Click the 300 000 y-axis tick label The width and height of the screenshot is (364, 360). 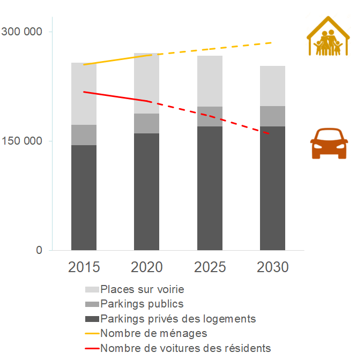click(x=22, y=32)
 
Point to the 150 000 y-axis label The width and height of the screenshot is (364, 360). click(x=22, y=141)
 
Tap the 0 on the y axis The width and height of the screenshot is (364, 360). click(x=39, y=250)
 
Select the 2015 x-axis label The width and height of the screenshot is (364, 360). click(x=84, y=267)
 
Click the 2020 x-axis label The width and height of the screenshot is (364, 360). click(x=147, y=267)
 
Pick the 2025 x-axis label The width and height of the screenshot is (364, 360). click(x=210, y=267)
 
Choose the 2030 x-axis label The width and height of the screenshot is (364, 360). click(x=272, y=267)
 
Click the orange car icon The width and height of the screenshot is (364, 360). click(x=329, y=143)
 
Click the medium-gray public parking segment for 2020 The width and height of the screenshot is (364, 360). click(x=147, y=123)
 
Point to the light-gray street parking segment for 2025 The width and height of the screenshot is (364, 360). click(x=210, y=81)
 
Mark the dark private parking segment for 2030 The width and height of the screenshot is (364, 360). click(x=272, y=188)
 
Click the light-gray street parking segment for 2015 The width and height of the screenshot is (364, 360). click(x=84, y=94)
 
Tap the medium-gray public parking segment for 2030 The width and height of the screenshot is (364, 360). click(x=272, y=116)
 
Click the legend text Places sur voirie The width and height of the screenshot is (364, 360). click(x=142, y=289)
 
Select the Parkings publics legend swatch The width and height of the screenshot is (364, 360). click(x=92, y=304)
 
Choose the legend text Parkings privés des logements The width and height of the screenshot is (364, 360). click(x=178, y=319)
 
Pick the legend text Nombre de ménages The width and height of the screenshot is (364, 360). click(x=153, y=333)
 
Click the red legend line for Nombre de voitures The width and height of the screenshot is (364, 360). click(x=92, y=348)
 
